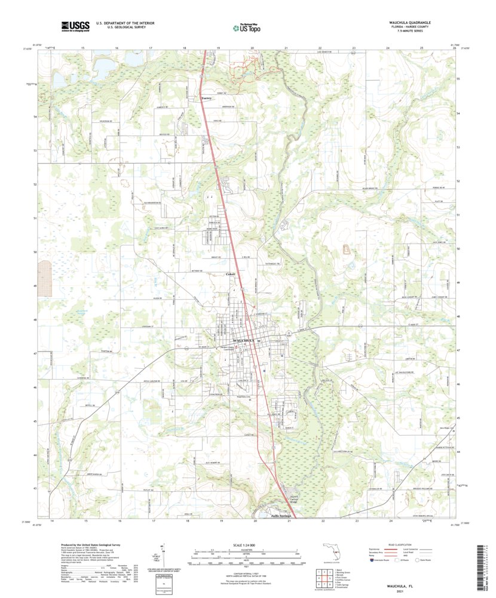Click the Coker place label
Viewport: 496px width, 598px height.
230,274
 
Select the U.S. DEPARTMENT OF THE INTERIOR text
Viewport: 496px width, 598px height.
112,23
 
